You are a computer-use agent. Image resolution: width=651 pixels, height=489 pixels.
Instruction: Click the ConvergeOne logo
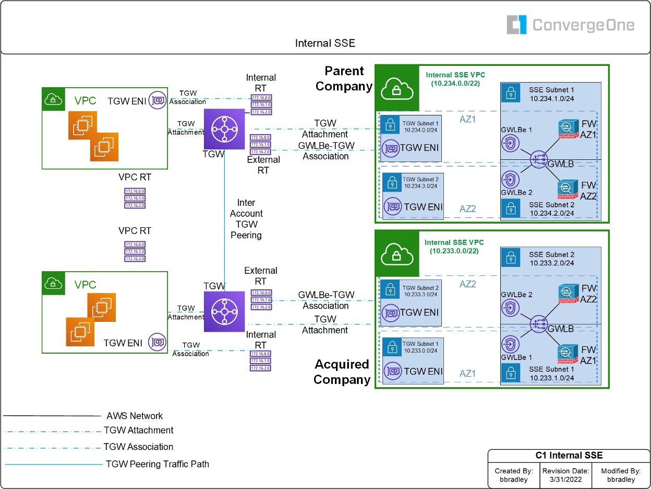(570, 25)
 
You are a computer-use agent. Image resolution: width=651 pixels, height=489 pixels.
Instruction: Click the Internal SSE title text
(325, 43)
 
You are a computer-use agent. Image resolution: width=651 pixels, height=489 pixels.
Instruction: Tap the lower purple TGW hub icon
(224, 311)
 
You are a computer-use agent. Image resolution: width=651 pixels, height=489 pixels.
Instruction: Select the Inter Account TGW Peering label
(246, 219)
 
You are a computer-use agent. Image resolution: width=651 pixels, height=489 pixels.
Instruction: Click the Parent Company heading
(344, 78)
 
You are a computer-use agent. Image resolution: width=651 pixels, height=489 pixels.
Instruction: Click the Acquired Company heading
(342, 372)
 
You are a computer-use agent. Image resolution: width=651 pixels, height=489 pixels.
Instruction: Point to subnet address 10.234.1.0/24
(552, 98)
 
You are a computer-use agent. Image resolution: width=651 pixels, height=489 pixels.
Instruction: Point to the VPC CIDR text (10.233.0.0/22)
(454, 251)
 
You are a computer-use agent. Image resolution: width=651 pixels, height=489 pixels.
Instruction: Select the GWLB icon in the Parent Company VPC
(538, 160)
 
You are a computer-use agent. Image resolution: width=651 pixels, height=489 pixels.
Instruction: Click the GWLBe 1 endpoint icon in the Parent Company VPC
(509, 143)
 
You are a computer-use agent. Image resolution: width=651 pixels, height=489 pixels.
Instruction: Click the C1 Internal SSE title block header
(569, 455)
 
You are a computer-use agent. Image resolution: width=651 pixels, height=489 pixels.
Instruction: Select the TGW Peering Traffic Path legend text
(157, 463)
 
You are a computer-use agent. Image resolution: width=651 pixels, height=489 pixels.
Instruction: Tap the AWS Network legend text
(135, 416)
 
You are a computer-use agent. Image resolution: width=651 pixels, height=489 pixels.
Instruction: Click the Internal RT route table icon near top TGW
(261, 104)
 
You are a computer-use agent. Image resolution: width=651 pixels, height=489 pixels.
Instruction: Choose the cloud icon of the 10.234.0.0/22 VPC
(397, 88)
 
